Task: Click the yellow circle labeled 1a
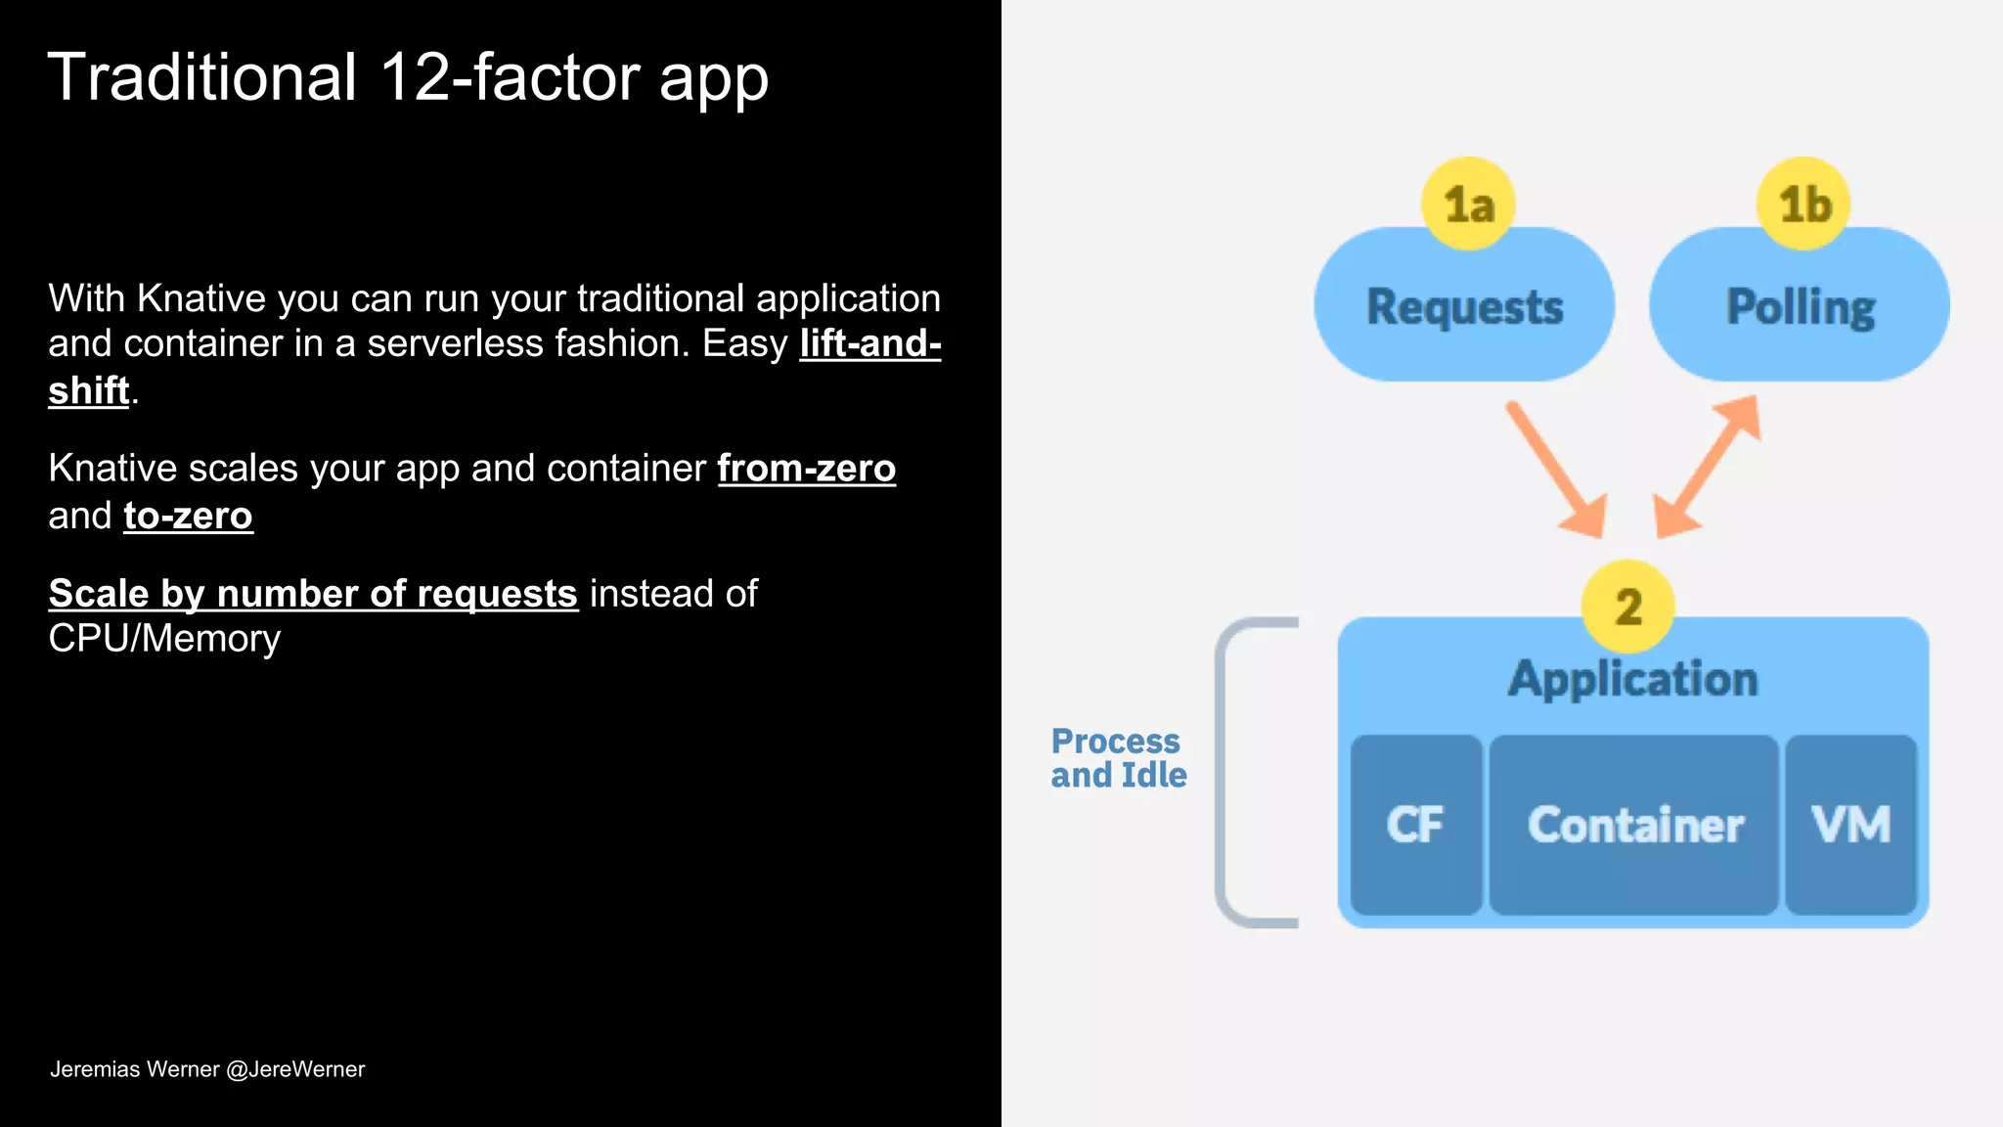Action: (1468, 203)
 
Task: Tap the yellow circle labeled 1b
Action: (1803, 203)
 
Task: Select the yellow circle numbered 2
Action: (1627, 607)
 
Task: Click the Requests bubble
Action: (1464, 307)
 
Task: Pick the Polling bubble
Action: (1800, 307)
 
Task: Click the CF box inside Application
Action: (1415, 825)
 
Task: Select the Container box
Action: (1634, 825)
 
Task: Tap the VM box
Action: (1850, 825)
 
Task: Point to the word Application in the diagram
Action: (1632, 679)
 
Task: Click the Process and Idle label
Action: (1118, 758)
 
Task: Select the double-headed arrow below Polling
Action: (1708, 467)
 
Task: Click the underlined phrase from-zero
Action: (806, 469)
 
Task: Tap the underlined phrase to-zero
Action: (188, 516)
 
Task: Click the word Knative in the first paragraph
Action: (200, 298)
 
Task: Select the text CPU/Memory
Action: (164, 639)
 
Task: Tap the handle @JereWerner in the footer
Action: (295, 1069)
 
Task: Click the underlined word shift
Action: (89, 390)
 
